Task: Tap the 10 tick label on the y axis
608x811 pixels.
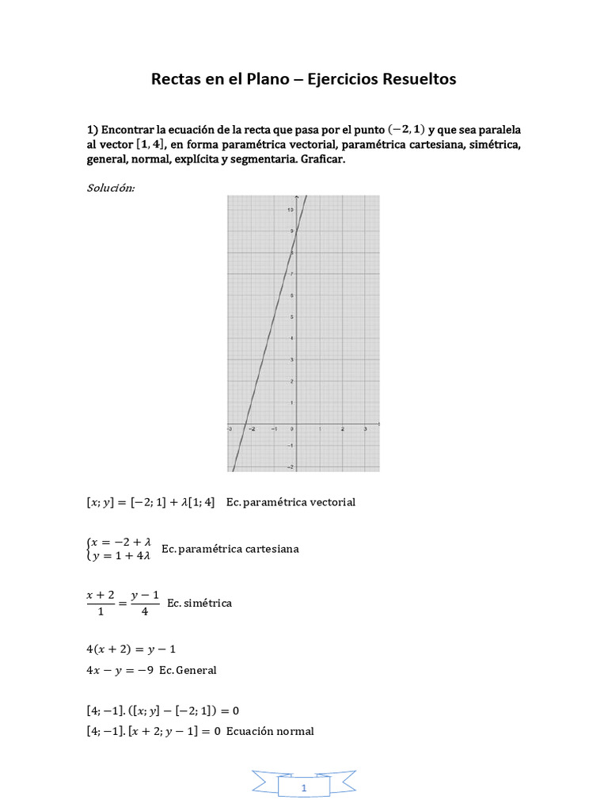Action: [291, 209]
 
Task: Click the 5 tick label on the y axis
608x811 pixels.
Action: [292, 317]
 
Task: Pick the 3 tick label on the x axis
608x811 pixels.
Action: [365, 429]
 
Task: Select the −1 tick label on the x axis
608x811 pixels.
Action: [273, 429]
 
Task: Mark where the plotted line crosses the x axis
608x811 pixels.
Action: [245, 424]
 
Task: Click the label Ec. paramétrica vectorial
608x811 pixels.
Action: [291, 502]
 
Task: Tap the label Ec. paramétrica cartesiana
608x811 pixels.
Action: [230, 549]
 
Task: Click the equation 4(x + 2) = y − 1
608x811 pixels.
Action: [131, 649]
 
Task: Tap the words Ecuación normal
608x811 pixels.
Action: [270, 731]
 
